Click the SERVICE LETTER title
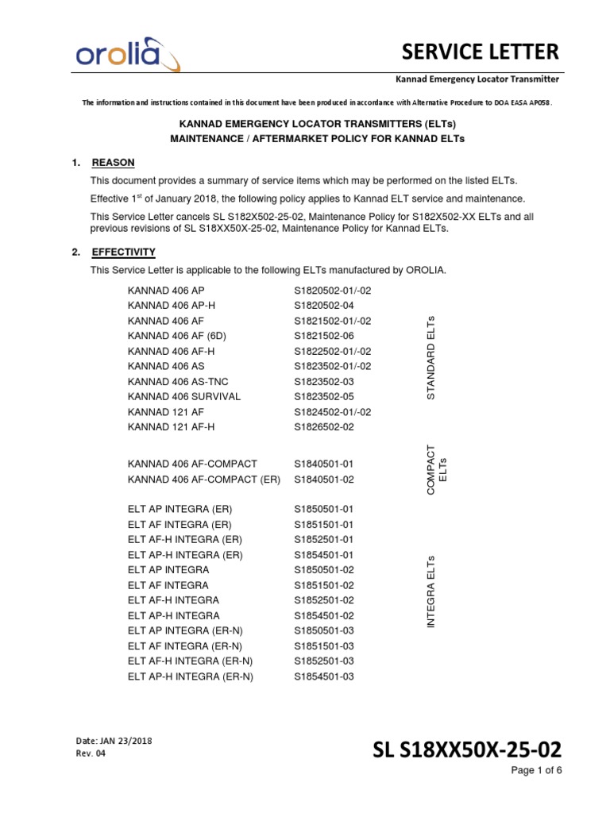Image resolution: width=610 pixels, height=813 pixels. [x=479, y=52]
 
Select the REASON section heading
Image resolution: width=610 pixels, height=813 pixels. [x=114, y=163]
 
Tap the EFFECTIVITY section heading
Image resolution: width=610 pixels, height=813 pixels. [x=124, y=252]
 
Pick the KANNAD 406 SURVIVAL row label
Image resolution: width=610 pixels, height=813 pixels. [x=183, y=396]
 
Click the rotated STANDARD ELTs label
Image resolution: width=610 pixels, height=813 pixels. [x=431, y=357]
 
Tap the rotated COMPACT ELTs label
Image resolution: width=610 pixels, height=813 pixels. [x=437, y=470]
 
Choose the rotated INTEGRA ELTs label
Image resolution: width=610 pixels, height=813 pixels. [x=431, y=592]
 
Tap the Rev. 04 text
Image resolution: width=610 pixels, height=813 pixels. [x=89, y=753]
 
